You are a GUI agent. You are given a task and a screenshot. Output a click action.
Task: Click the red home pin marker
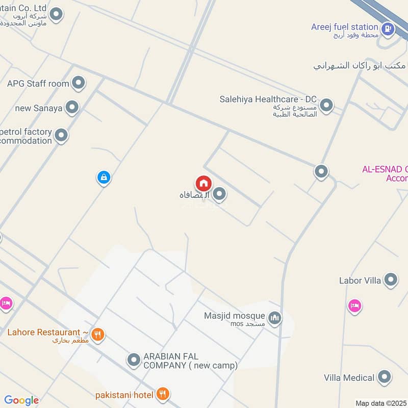point(203,184)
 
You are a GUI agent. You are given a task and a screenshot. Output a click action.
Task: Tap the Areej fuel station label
point(345,27)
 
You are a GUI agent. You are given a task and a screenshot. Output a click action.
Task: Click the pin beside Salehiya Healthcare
point(326,106)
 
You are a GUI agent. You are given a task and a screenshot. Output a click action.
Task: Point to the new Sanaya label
point(39,108)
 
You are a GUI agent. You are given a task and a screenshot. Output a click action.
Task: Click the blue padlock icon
point(104,177)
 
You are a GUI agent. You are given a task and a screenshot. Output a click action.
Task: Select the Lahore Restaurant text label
point(44,333)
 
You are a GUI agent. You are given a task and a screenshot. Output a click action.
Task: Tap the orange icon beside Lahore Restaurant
point(98,335)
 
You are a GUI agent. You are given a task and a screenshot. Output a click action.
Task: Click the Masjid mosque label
point(235,316)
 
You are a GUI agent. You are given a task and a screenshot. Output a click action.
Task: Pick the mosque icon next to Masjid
point(275,318)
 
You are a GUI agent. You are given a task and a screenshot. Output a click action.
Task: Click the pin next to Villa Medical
point(385,377)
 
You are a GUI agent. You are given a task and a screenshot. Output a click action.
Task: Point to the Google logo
point(21,400)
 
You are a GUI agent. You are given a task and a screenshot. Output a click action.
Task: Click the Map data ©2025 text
point(380,403)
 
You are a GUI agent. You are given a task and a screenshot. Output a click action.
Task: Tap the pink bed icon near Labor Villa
point(354,306)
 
